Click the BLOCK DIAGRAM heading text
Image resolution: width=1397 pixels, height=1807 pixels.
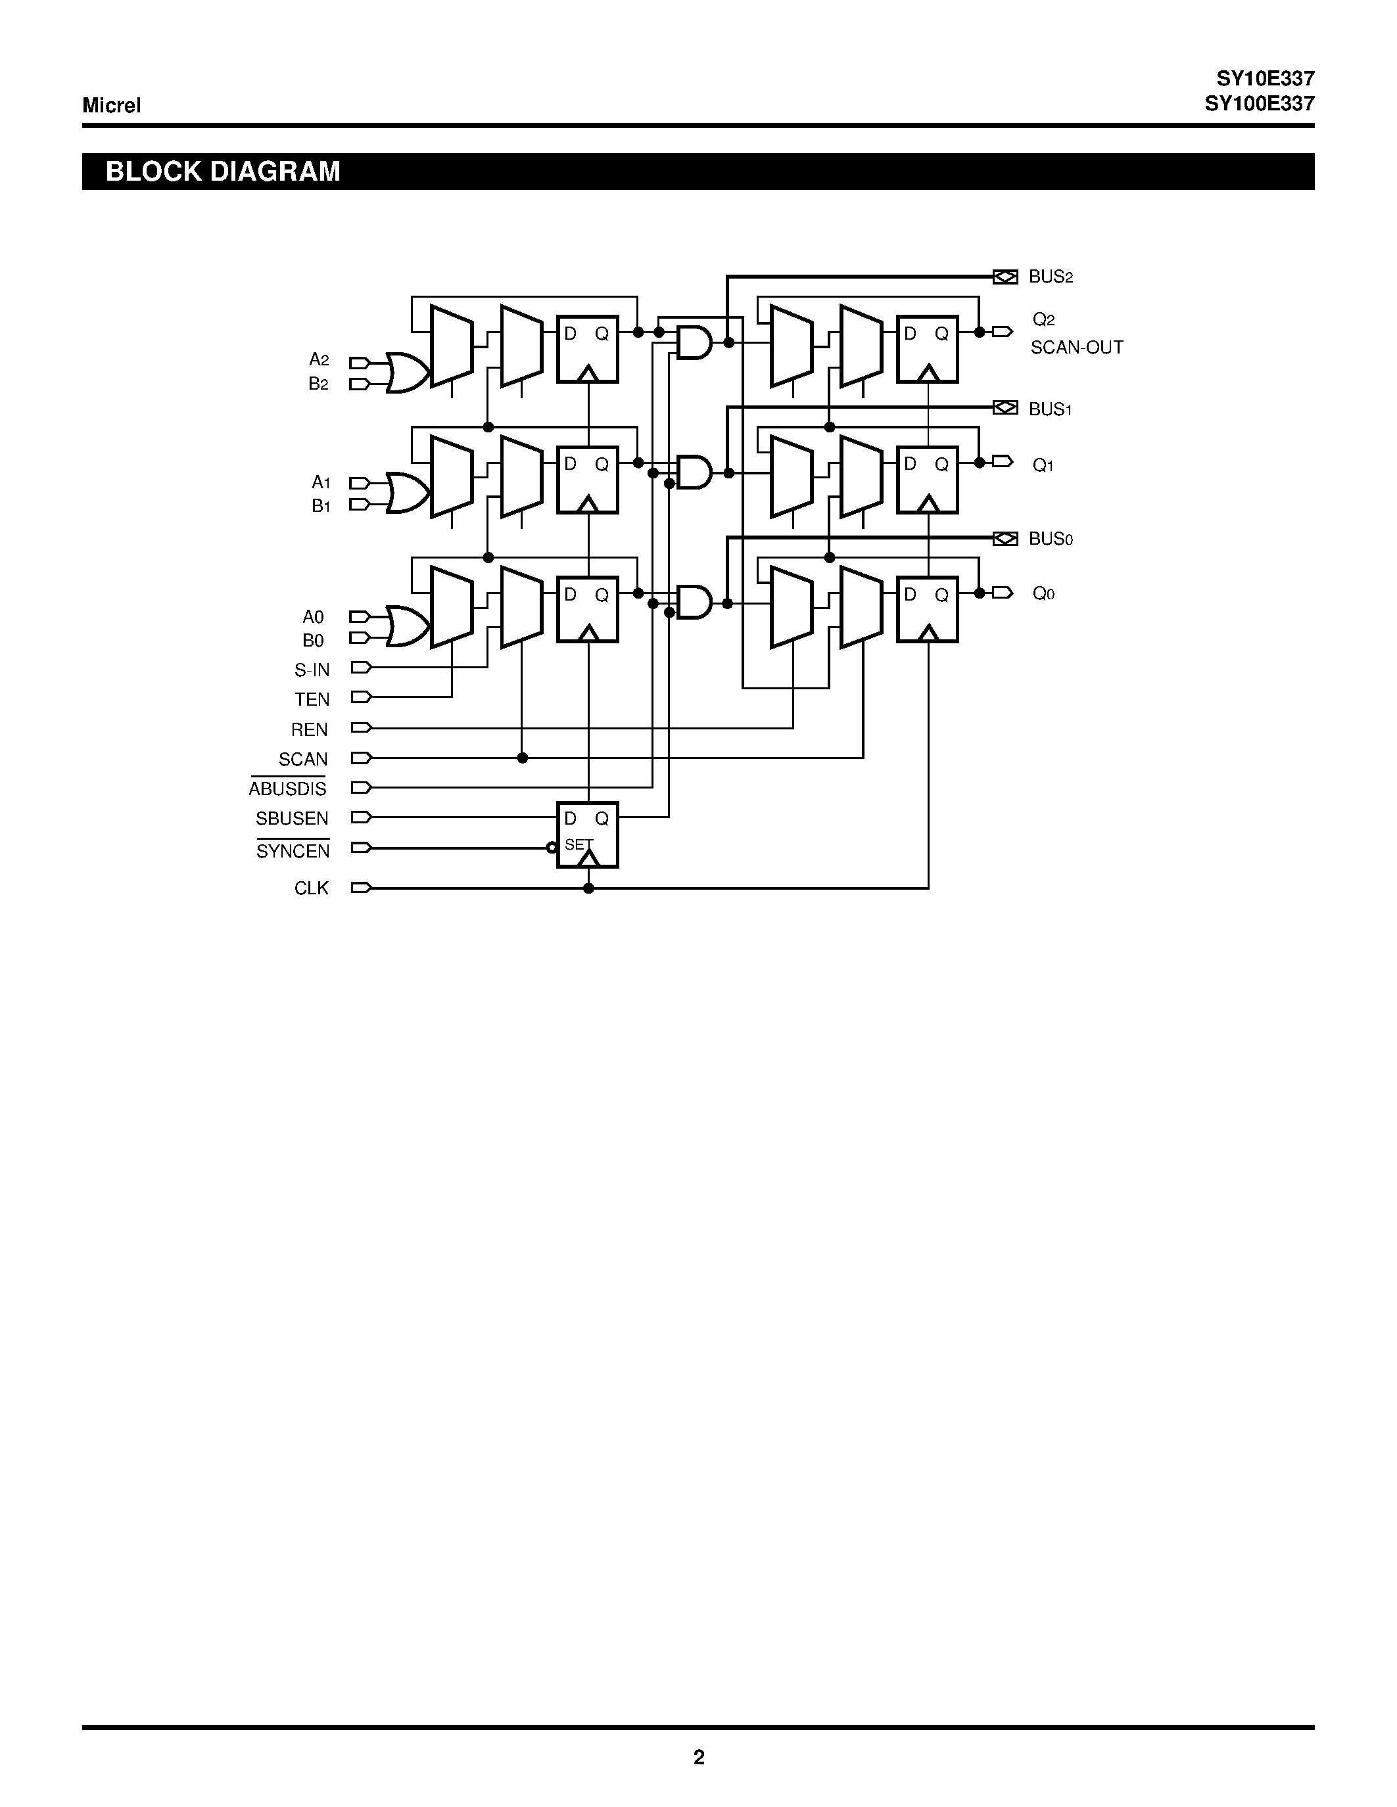tap(223, 172)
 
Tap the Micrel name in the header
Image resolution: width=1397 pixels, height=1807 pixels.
tap(111, 105)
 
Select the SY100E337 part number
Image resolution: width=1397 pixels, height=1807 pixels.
tap(1259, 103)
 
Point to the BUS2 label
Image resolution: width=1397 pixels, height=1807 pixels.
tap(1051, 277)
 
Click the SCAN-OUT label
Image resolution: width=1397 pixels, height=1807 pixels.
tap(1076, 348)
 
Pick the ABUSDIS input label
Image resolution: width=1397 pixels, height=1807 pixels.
tap(287, 789)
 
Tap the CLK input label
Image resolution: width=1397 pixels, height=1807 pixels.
tap(311, 888)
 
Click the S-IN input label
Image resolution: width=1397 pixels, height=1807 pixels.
tap(312, 670)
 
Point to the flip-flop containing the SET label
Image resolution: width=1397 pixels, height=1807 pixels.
tap(588, 834)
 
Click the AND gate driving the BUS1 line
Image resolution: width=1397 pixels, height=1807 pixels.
tap(694, 472)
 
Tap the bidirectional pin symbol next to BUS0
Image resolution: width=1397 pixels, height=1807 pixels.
tap(1005, 539)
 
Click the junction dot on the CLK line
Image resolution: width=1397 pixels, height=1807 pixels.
tap(588, 888)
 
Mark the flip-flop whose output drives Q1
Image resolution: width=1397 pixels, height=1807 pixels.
tap(927, 480)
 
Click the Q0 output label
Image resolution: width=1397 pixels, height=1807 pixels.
tap(1043, 593)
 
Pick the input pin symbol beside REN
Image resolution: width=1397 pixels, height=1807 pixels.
tap(361, 727)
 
